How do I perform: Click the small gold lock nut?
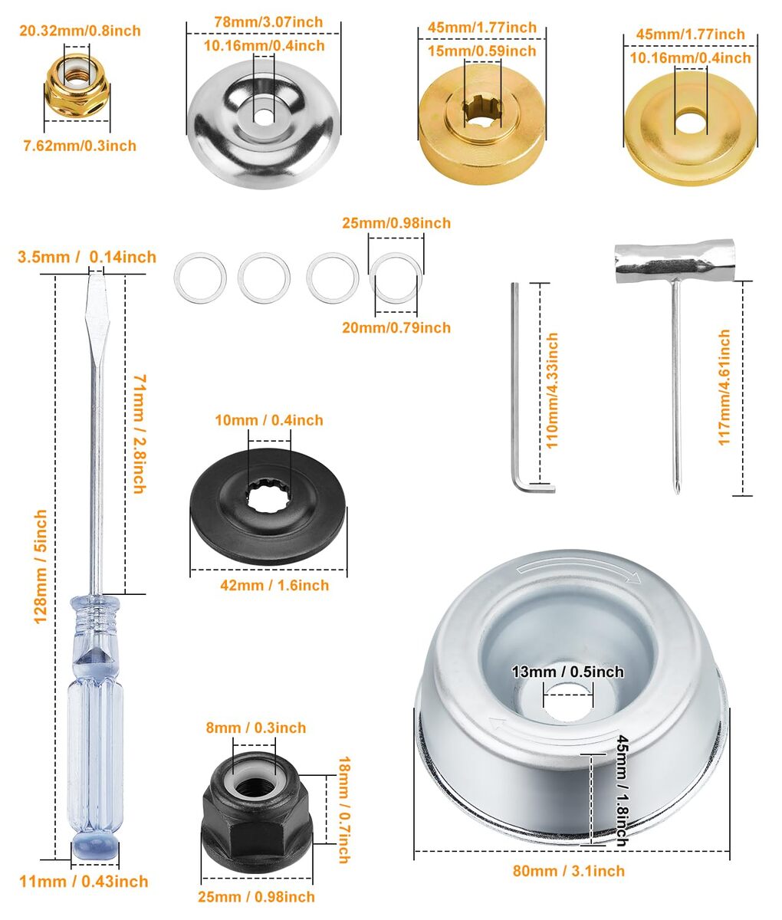[x=77, y=87]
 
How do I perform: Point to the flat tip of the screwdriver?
[x=96, y=278]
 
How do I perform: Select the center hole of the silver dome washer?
[x=264, y=117]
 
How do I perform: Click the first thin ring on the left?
[x=200, y=278]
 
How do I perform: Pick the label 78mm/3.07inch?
[x=268, y=21]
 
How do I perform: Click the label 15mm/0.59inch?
[x=482, y=51]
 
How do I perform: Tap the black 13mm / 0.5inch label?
[x=567, y=672]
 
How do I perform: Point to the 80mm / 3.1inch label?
[x=569, y=871]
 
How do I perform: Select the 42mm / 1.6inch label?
[x=274, y=585]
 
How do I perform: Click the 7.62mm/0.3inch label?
[x=80, y=146]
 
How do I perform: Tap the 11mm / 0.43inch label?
[x=84, y=882]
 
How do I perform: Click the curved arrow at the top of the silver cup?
[x=579, y=570]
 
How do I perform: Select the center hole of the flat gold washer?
[x=690, y=123]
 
